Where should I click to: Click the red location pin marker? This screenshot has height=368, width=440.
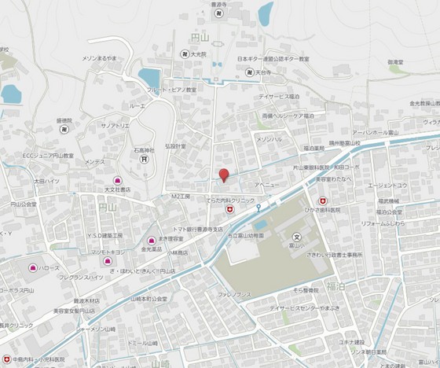(223, 175)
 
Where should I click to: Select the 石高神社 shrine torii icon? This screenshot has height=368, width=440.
(142, 157)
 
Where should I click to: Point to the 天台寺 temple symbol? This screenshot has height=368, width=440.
(247, 72)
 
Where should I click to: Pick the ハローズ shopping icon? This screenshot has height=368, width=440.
(32, 268)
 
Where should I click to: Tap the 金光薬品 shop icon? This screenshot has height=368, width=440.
(152, 240)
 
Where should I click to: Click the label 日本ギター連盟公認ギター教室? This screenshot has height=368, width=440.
(274, 59)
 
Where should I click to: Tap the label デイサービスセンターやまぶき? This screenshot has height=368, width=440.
(303, 309)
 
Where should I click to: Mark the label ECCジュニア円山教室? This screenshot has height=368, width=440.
(48, 155)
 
